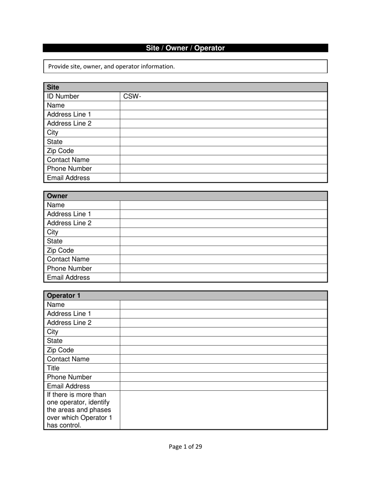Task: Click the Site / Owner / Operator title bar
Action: pos(185,48)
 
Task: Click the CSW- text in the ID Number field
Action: pos(132,96)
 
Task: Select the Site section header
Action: pos(53,87)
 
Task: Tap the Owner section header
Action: pos(57,196)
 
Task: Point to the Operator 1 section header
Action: pos(63,296)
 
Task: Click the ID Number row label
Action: pos(63,96)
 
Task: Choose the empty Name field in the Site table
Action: pos(223,106)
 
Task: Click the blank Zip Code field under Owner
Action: pos(223,250)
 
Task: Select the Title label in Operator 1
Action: pos(53,368)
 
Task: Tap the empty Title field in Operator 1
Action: pos(223,368)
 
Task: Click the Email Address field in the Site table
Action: pos(223,178)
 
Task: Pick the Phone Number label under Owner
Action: pos(69,269)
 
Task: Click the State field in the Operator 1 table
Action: pos(223,341)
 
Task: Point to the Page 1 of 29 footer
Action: pos(185,447)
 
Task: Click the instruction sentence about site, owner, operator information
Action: pos(112,66)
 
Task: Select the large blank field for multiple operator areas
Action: pos(223,410)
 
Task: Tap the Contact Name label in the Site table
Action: pos(68,160)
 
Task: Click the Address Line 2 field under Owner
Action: pos(223,223)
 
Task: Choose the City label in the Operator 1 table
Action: pos(52,332)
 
